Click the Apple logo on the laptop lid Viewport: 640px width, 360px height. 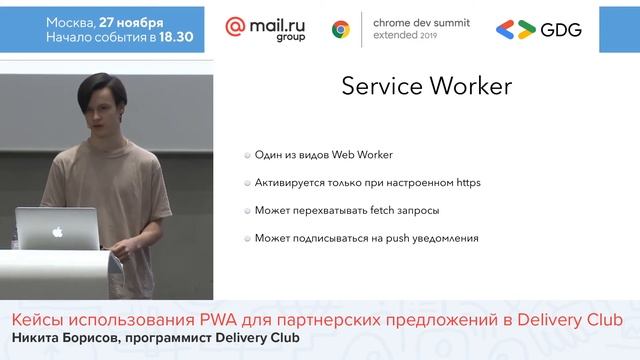(x=57, y=230)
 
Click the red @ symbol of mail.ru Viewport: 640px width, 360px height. (x=237, y=27)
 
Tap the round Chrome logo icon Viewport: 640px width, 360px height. (x=340, y=29)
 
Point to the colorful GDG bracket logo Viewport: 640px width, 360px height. (x=515, y=29)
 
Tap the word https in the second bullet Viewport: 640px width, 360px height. (x=468, y=183)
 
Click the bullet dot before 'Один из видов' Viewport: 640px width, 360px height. (x=246, y=155)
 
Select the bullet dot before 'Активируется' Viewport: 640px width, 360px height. (x=246, y=183)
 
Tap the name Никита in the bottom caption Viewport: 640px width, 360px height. (x=36, y=337)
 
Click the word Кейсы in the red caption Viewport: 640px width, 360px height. (x=36, y=319)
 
